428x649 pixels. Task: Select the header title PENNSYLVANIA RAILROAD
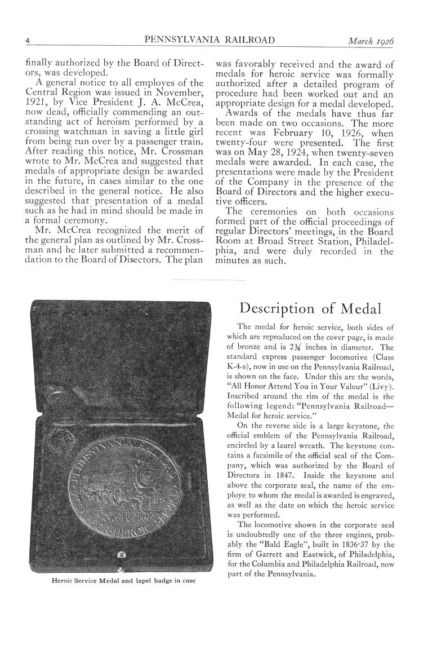[x=209, y=41]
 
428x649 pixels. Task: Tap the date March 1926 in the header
[x=370, y=41]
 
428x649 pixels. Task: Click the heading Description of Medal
[x=310, y=308]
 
